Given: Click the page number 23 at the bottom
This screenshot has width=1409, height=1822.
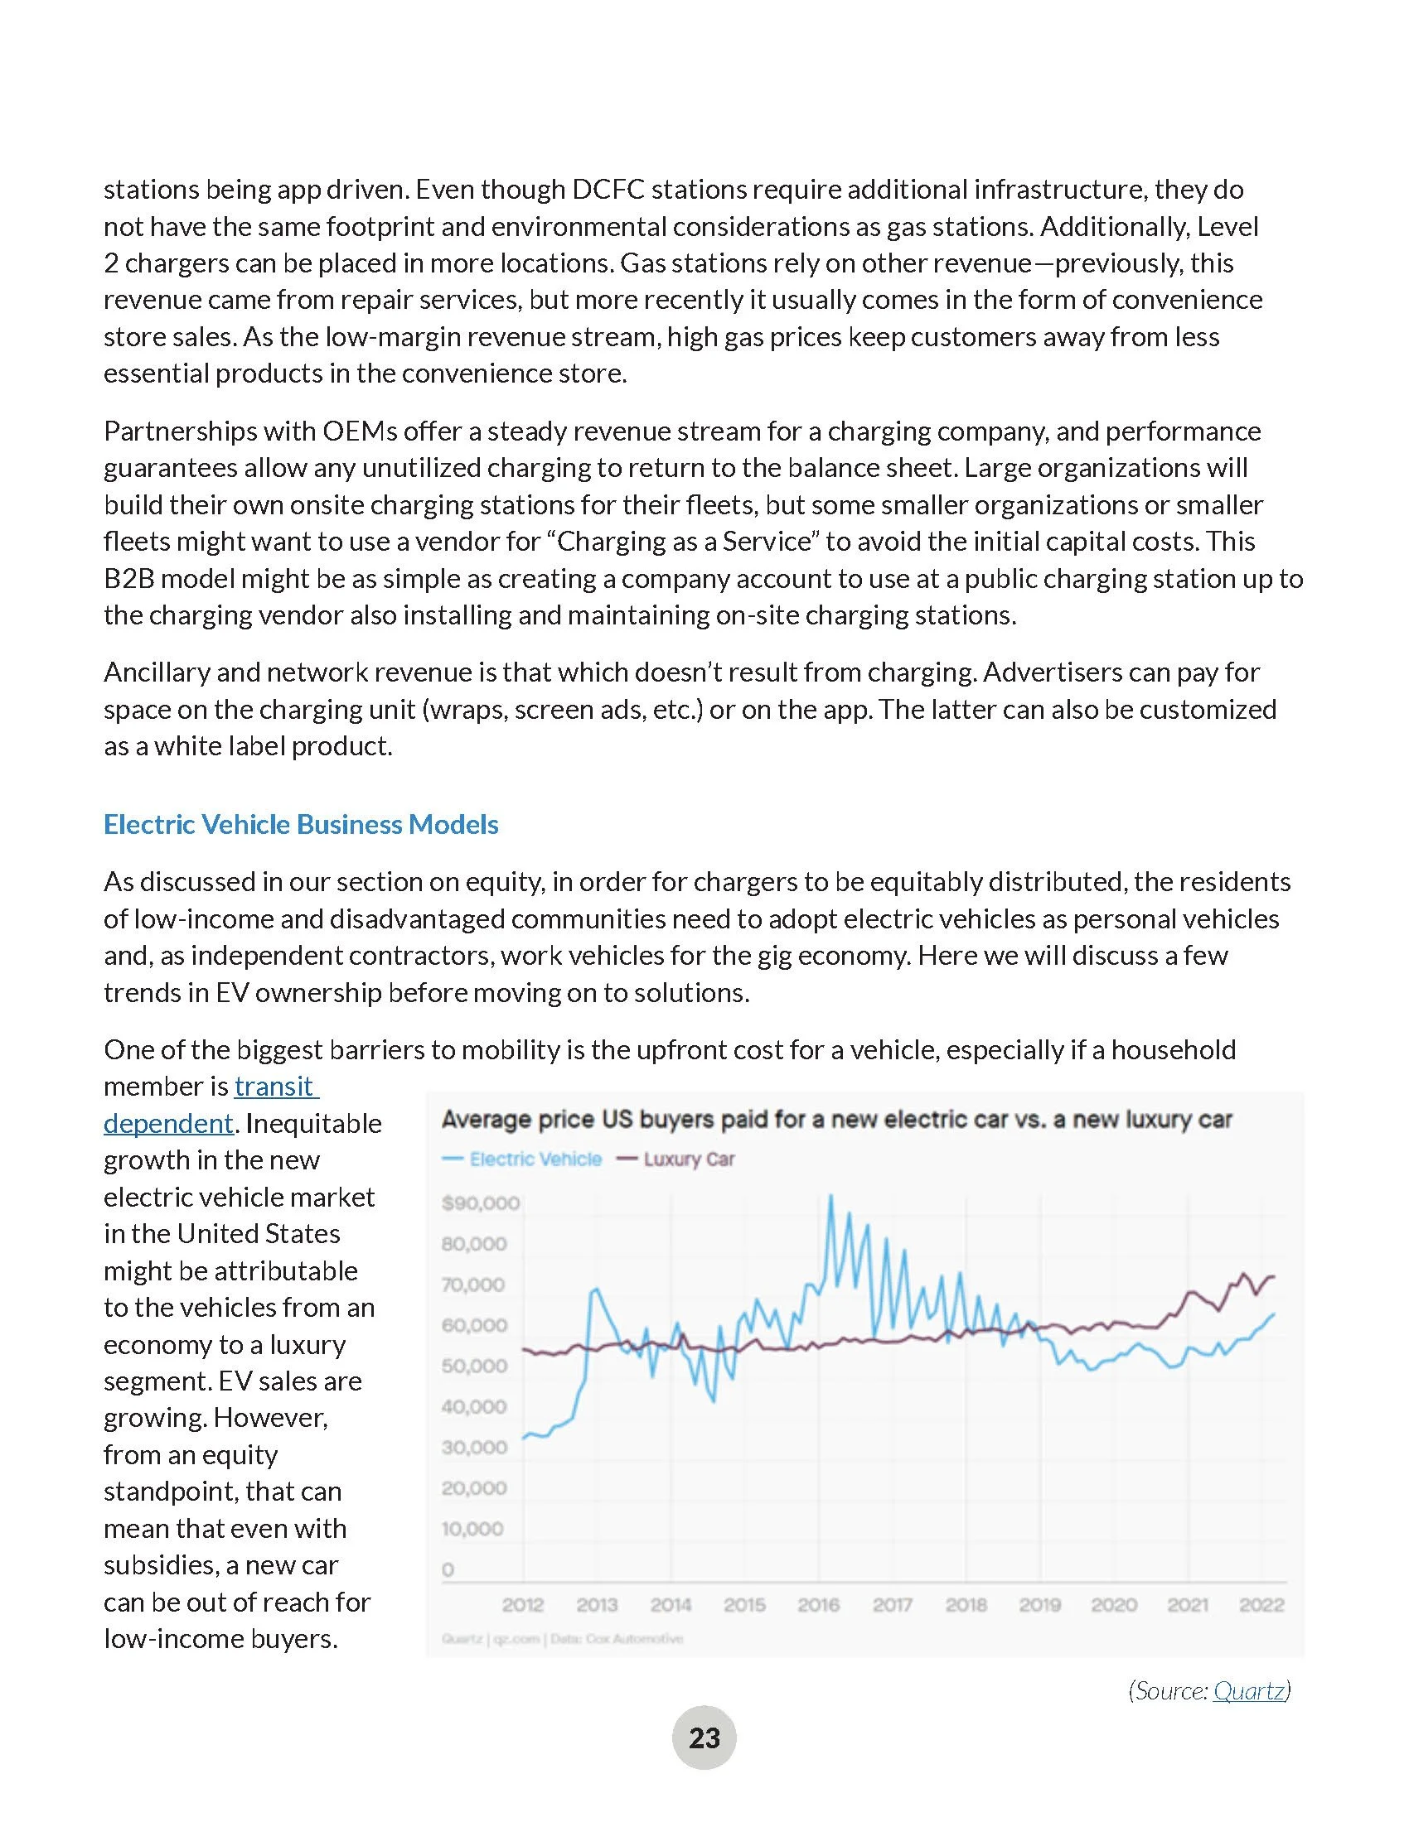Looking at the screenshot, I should point(704,1738).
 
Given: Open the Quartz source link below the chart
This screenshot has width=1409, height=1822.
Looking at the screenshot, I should point(1248,1690).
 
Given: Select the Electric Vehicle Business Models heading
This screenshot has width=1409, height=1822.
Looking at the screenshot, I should point(301,824).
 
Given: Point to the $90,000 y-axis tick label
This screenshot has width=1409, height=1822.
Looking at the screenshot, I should point(481,1203).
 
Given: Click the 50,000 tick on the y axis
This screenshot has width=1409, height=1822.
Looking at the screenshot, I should point(474,1366).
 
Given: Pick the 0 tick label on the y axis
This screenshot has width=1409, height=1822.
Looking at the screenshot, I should point(448,1569).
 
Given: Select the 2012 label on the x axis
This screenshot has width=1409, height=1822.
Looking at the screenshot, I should point(523,1604).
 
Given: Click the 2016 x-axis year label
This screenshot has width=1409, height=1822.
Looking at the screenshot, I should point(819,1604).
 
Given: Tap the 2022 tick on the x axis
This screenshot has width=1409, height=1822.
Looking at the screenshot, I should point(1261,1604).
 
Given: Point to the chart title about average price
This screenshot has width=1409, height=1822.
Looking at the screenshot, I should point(836,1120).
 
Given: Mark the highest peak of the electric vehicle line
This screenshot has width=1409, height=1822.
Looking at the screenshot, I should point(830,1197).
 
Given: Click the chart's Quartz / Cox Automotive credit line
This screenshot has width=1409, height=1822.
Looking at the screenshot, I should point(563,1638).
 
